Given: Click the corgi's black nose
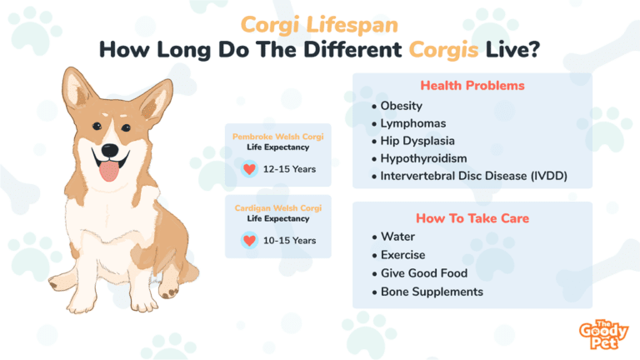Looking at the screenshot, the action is tap(109, 150).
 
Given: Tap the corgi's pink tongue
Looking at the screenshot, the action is tap(109, 171).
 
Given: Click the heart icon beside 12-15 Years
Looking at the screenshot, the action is tap(249, 169).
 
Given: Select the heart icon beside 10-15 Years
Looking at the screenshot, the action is tap(249, 240).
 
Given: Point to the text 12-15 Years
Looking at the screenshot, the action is tap(289, 169).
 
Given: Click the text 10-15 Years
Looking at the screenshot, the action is tap(289, 240).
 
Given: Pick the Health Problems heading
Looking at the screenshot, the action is tap(472, 85).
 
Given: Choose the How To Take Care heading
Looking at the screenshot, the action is tap(472, 218).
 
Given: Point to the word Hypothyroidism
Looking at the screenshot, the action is tap(423, 158).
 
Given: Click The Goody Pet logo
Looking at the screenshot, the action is tap(603, 335).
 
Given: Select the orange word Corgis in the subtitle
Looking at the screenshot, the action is tap(443, 50).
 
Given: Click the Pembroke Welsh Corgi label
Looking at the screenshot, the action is tap(278, 137).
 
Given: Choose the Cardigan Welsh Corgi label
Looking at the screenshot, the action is tap(278, 208).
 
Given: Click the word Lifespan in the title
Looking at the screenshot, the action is tap(352, 25).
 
